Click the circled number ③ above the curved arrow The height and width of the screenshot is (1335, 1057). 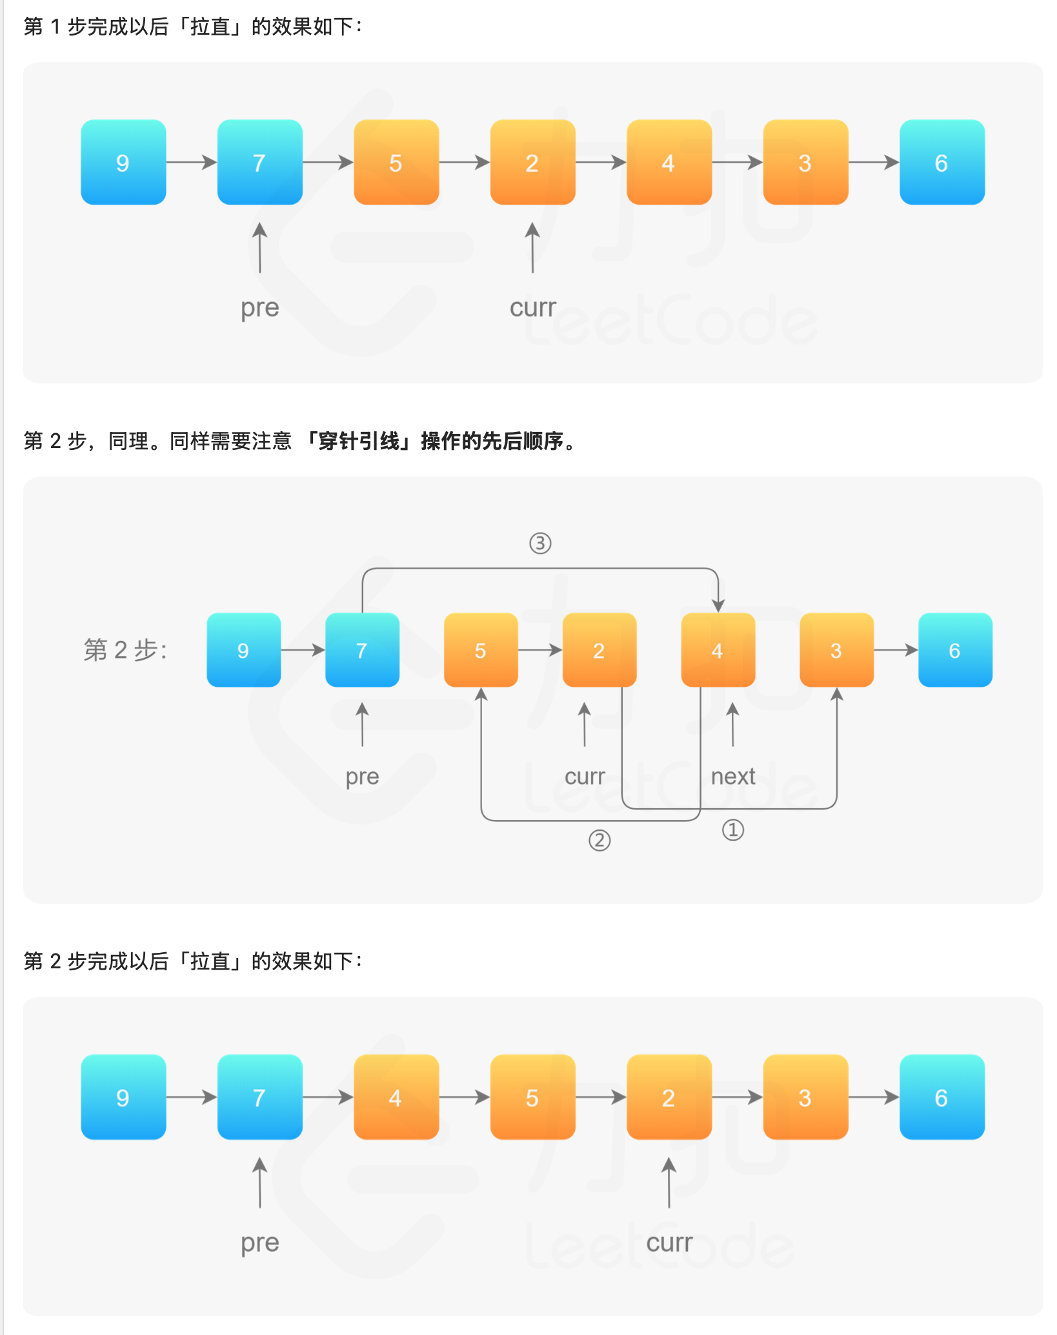click(x=540, y=544)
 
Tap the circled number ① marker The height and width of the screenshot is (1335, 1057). click(x=732, y=830)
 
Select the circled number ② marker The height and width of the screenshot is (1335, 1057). click(x=599, y=841)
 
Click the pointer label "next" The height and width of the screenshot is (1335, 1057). click(x=732, y=776)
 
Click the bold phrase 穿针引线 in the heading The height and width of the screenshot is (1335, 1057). click(x=359, y=442)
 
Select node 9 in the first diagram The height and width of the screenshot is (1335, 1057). click(x=123, y=163)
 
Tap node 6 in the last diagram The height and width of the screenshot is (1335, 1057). click(x=941, y=1097)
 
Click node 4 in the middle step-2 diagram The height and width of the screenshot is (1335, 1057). click(x=718, y=650)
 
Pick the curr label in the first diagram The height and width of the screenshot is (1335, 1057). click(x=532, y=308)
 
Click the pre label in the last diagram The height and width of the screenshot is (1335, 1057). click(x=259, y=1243)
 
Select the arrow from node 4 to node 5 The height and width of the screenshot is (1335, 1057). click(x=464, y=1097)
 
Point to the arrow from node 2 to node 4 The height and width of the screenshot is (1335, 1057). click(x=600, y=162)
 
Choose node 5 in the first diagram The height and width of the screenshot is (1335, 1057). click(x=396, y=163)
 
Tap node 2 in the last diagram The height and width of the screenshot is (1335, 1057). click(x=669, y=1097)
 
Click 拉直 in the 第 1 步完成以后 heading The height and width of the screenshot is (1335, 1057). click(x=210, y=26)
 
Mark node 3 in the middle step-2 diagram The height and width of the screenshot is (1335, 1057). click(x=836, y=650)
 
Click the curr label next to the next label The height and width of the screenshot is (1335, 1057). click(x=585, y=776)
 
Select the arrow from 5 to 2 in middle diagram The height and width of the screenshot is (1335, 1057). click(x=539, y=650)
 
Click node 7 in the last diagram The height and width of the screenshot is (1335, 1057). click(x=259, y=1097)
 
